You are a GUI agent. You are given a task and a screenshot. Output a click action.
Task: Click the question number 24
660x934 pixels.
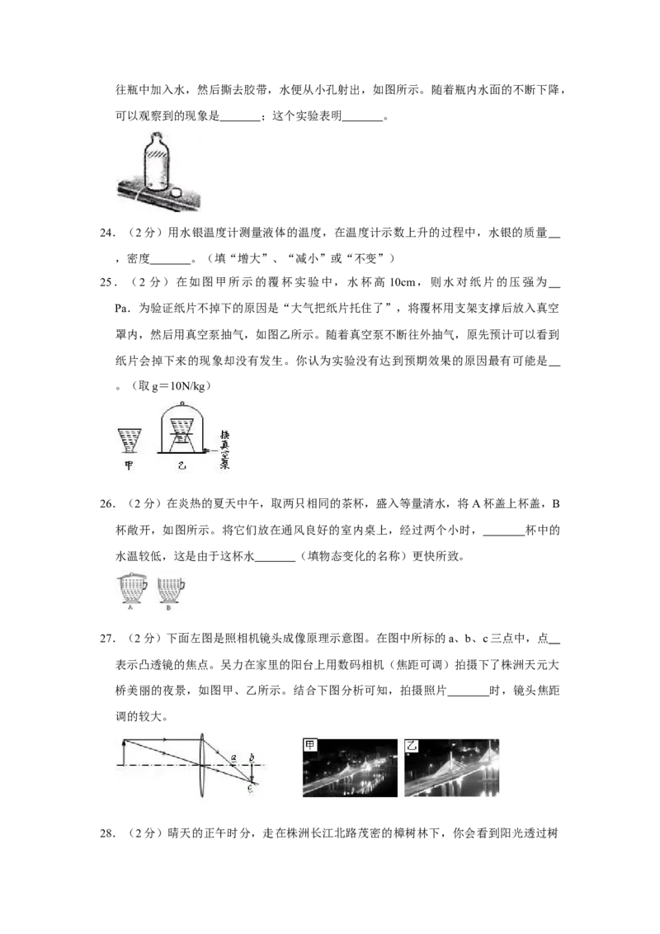[106, 233]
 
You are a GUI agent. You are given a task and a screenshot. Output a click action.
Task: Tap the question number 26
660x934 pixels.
[106, 504]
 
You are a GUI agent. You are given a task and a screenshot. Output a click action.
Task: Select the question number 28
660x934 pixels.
[106, 833]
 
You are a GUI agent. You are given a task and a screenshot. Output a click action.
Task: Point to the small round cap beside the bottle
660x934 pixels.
[177, 192]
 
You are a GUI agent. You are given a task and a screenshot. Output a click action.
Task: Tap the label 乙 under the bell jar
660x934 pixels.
[181, 466]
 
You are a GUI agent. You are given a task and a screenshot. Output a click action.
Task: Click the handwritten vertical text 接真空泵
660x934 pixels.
[224, 450]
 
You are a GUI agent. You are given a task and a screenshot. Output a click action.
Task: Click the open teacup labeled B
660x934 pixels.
[170, 590]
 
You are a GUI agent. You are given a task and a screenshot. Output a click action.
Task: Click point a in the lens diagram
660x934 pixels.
[234, 757]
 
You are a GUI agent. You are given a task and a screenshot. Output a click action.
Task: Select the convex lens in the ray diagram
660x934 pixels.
[202, 766]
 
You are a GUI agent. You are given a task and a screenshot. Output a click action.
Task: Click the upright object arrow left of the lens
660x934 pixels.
[123, 752]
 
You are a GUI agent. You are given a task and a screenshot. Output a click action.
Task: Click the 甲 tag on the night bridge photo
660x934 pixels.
[309, 745]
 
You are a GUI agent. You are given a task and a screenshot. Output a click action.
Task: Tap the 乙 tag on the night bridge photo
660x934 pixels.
[411, 745]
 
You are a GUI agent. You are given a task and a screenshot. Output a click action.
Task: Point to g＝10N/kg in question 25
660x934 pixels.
[179, 386]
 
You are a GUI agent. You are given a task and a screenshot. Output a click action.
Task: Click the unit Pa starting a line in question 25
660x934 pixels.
[122, 309]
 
